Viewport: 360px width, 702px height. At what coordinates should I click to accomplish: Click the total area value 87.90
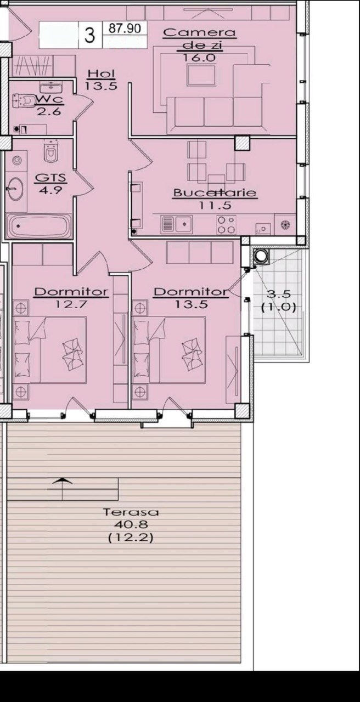125,29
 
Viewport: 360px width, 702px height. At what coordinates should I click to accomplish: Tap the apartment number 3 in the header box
89,35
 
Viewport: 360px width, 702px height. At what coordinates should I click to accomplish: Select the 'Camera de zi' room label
199,39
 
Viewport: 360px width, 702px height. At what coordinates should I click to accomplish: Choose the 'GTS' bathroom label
50,178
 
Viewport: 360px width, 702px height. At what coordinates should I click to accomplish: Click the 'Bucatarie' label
215,193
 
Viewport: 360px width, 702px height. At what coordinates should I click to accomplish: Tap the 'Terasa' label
131,512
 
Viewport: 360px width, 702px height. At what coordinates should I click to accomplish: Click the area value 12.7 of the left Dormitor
71,304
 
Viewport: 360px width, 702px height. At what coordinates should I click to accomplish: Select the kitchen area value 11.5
215,206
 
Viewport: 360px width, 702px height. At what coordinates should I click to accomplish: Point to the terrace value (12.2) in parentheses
131,538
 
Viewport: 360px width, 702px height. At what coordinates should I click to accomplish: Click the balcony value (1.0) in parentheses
279,307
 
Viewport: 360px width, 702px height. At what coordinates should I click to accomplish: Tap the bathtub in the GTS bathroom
38,226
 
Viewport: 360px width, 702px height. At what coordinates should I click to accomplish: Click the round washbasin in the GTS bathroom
15,189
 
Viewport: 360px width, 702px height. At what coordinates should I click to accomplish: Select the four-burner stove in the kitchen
226,225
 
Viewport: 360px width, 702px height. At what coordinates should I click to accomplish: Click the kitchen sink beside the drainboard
184,224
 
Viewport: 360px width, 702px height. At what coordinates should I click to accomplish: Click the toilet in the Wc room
23,100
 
